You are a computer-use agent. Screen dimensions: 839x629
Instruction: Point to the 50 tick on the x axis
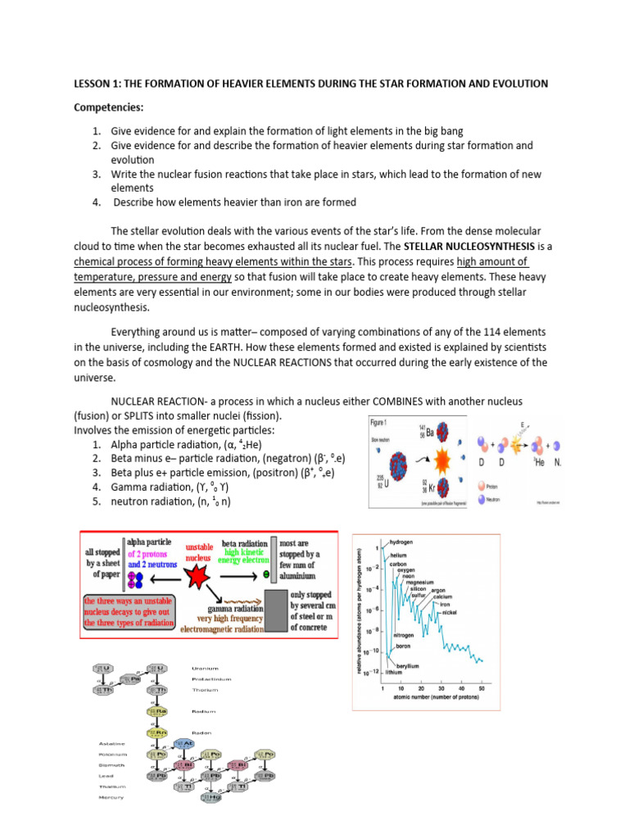[x=481, y=688]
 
